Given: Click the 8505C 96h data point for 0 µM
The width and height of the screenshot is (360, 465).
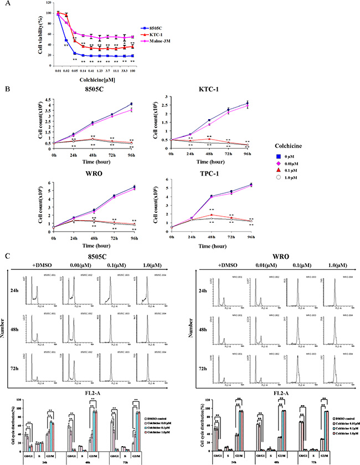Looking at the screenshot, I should (131, 104).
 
